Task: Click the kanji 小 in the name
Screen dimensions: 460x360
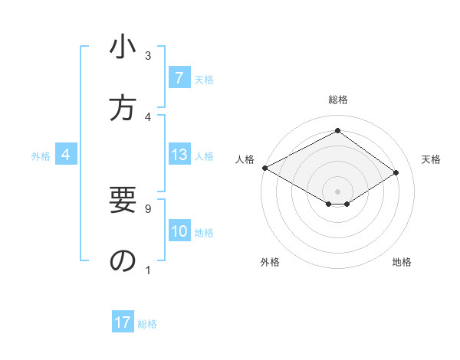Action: pyautogui.click(x=123, y=48)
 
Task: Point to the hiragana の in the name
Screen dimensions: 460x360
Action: pyautogui.click(x=123, y=261)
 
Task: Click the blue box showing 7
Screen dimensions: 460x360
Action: pyautogui.click(x=179, y=77)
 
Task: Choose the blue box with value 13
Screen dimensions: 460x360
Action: pyautogui.click(x=179, y=155)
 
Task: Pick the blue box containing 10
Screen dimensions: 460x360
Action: pyautogui.click(x=179, y=232)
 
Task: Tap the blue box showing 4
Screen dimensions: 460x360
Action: pyautogui.click(x=66, y=155)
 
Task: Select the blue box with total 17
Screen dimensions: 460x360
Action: pyautogui.click(x=123, y=322)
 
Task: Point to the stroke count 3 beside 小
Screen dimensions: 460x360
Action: pyautogui.click(x=148, y=55)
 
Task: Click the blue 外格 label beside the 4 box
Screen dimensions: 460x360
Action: pyautogui.click(x=41, y=156)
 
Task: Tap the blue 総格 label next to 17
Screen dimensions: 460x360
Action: pyautogui.click(x=147, y=324)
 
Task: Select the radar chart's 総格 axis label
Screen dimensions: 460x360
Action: pyautogui.click(x=337, y=100)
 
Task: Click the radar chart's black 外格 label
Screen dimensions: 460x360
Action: pyautogui.click(x=269, y=262)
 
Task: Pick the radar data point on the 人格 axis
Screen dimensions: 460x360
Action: pyautogui.click(x=264, y=167)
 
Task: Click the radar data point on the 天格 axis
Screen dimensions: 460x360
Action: pyautogui.click(x=396, y=173)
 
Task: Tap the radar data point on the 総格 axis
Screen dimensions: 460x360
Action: pyautogui.click(x=337, y=131)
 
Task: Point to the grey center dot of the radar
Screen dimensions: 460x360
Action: pyautogui.click(x=337, y=191)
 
